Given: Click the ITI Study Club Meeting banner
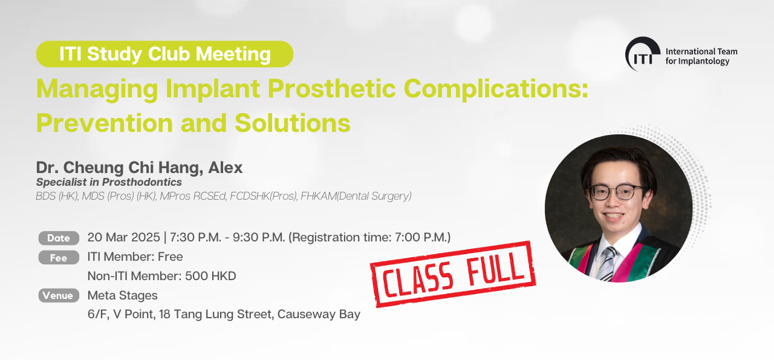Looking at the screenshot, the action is coord(164,54).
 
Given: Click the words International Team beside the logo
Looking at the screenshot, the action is coord(701,51).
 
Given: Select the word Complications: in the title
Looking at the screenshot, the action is coord(496,89).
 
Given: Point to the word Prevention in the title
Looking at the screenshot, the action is coord(105,123).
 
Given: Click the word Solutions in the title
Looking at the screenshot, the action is coord(293,123).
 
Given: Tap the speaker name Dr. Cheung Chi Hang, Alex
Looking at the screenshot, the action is coord(139,168).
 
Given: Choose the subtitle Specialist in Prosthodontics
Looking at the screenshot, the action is coord(109,182).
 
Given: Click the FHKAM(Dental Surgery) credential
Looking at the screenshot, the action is coord(356,196).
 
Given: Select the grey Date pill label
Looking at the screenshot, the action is coord(59,238).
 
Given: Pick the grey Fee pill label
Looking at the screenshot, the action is coord(59,258).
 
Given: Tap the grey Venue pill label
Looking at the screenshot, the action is coord(59,295).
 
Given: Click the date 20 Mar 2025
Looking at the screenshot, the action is coord(124,237).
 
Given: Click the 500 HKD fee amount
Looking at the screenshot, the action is coord(210,276).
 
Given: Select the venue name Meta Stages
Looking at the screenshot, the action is coord(122,295).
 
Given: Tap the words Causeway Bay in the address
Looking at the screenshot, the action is coord(319,315).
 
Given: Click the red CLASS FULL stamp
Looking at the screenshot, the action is coord(453,274).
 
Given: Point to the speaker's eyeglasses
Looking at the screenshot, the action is coord(617,192).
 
